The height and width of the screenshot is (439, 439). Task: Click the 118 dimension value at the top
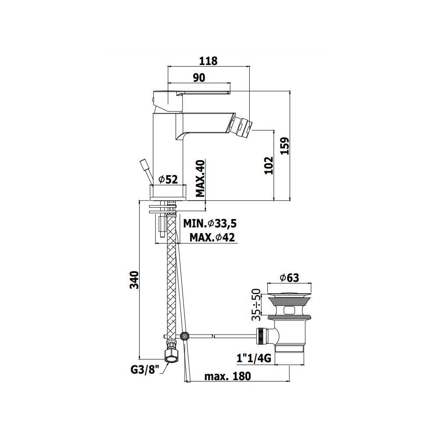click(208, 61)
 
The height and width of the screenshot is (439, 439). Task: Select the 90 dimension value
click(199, 78)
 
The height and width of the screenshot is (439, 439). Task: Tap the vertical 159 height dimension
click(285, 146)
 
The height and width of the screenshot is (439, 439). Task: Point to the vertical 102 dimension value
click(269, 165)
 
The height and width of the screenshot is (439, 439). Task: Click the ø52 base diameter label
click(168, 179)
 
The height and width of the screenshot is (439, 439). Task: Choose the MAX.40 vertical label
click(200, 178)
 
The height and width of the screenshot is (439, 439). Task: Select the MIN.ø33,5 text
click(210, 223)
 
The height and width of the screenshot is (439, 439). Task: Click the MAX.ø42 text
click(212, 237)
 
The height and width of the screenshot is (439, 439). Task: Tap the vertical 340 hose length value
click(134, 280)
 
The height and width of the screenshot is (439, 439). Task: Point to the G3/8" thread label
click(145, 370)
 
